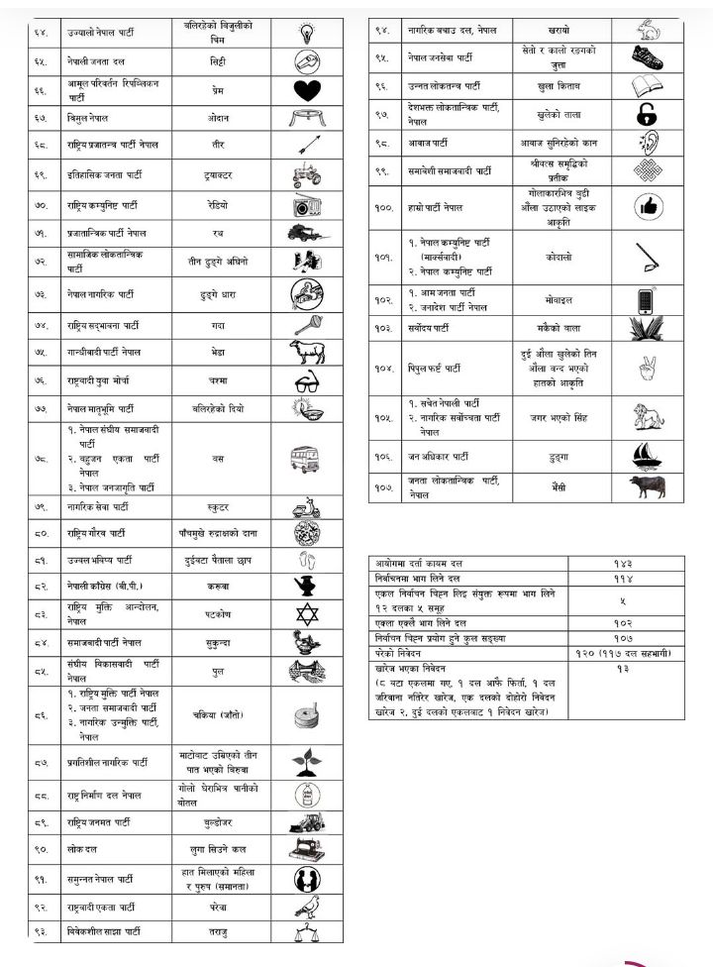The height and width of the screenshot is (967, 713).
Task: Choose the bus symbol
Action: pyautogui.click(x=306, y=459)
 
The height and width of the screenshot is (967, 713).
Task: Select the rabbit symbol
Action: pyautogui.click(x=648, y=30)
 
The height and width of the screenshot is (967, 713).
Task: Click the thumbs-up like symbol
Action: pyautogui.click(x=648, y=207)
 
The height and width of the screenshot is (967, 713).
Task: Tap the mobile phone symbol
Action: pyautogui.click(x=648, y=299)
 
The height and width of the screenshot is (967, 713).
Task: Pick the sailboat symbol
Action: pyautogui.click(x=648, y=456)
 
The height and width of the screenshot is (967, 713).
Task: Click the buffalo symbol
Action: pyautogui.click(x=648, y=487)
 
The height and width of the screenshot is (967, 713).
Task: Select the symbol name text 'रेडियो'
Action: pyautogui.click(x=216, y=207)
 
